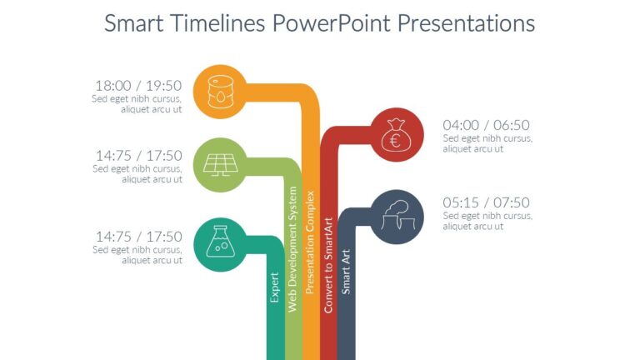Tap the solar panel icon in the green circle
(x=220, y=163)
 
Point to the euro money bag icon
(x=395, y=136)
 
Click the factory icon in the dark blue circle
(x=394, y=216)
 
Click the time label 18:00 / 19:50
(x=138, y=85)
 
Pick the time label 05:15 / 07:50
(x=486, y=202)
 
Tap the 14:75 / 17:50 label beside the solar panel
(x=138, y=155)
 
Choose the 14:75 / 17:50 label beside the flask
(x=138, y=236)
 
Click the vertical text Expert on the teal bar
(x=274, y=287)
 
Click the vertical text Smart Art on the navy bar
(x=347, y=271)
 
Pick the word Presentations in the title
(x=466, y=23)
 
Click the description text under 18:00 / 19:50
(x=138, y=104)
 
